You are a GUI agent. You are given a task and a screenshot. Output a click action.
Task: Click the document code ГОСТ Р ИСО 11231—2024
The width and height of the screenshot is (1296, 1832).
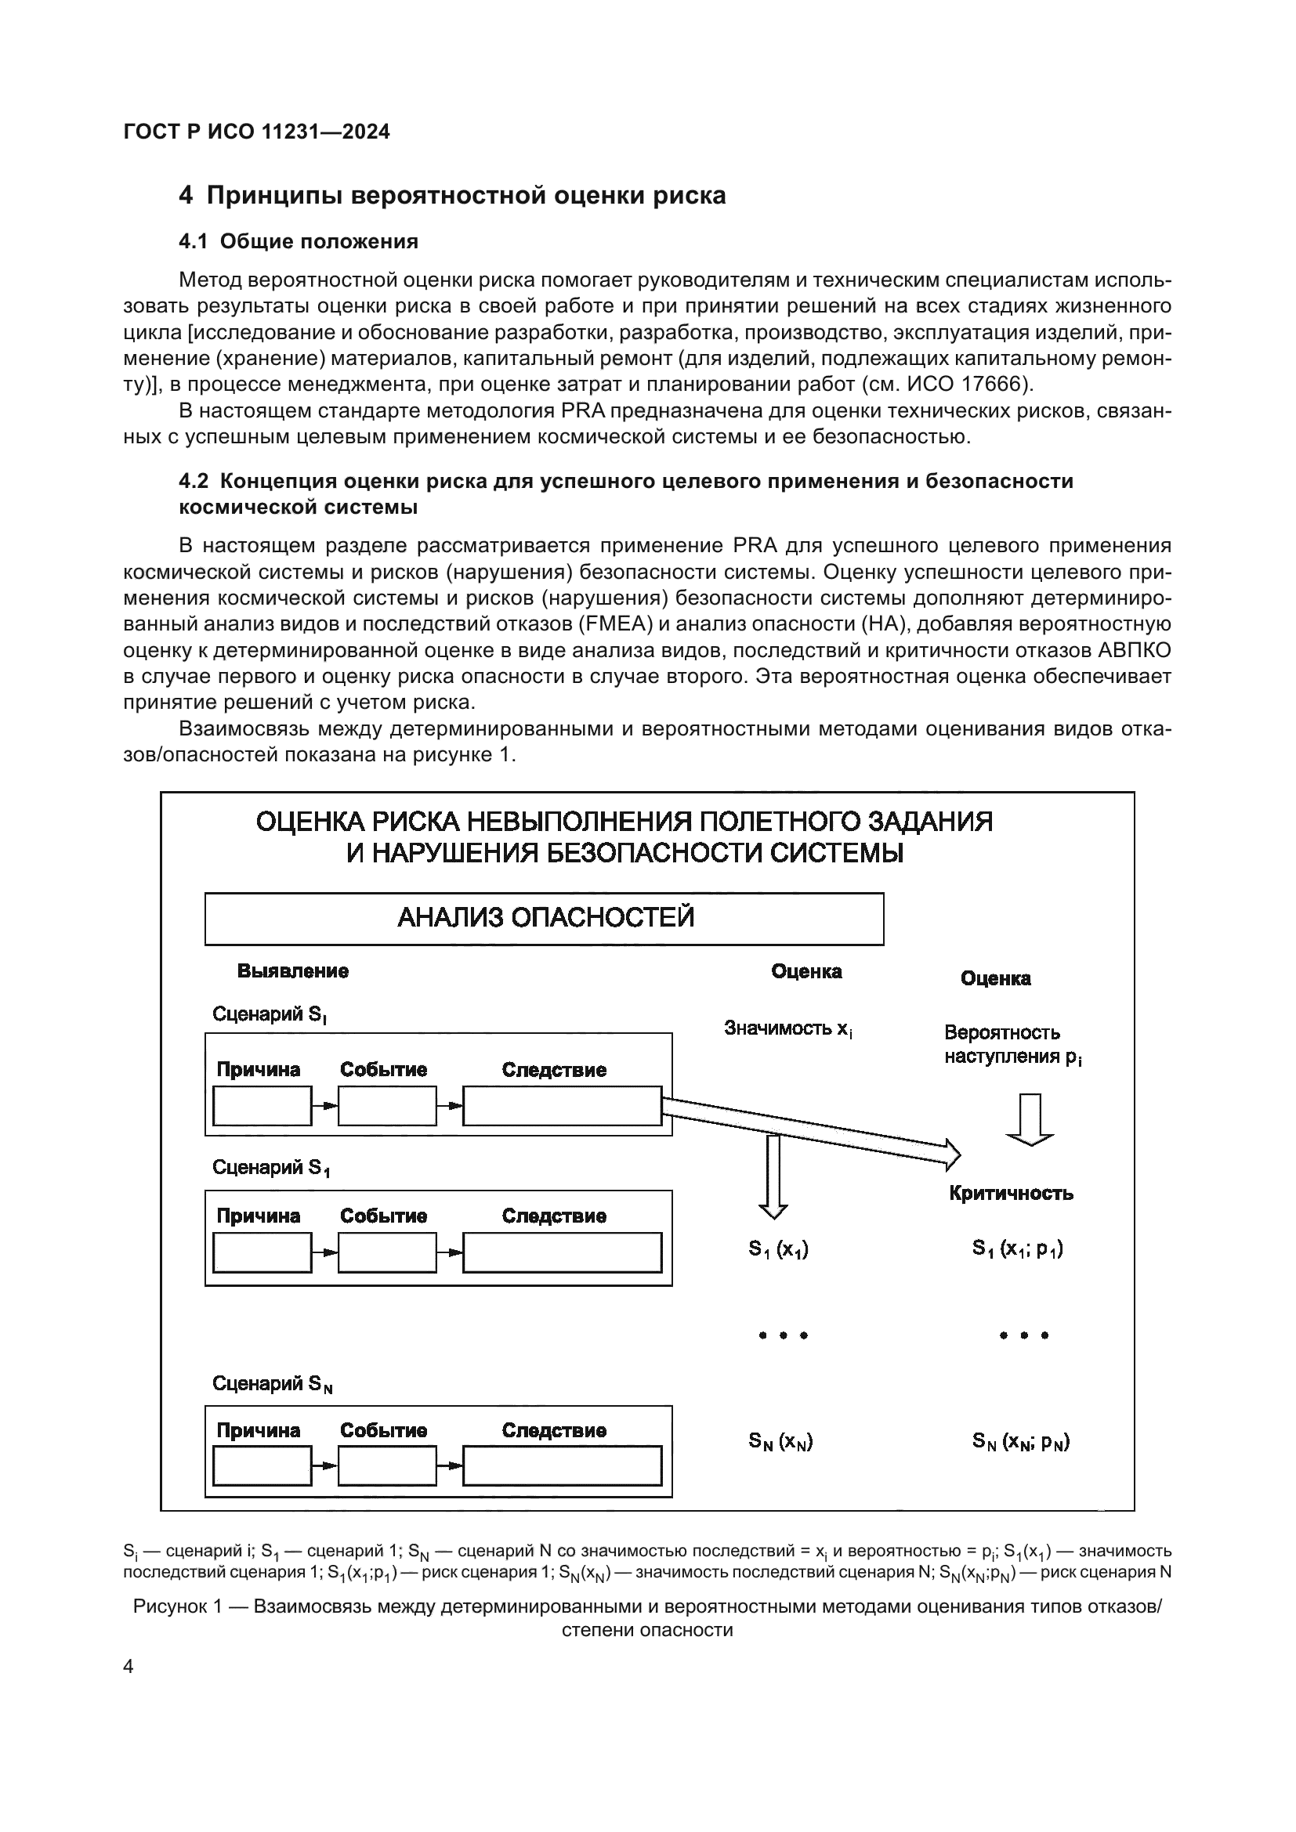click(257, 132)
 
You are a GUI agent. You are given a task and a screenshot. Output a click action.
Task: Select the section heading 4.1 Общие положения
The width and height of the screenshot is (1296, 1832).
click(299, 241)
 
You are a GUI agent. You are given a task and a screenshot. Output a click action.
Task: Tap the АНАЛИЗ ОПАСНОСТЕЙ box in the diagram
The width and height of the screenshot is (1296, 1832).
click(545, 919)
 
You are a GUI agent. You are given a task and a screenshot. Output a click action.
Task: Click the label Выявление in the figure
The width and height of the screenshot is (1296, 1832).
click(293, 971)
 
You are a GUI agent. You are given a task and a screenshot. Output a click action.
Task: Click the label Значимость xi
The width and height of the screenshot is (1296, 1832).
click(787, 1029)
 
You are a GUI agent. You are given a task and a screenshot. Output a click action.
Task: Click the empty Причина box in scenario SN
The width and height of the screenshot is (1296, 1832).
click(262, 1466)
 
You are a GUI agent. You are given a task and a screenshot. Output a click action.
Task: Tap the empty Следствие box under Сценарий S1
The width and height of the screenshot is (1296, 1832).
click(562, 1252)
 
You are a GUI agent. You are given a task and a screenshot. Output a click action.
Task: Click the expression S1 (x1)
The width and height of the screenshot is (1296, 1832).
click(778, 1249)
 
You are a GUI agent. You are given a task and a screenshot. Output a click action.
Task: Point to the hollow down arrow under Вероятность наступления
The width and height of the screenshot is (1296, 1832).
click(1030, 1119)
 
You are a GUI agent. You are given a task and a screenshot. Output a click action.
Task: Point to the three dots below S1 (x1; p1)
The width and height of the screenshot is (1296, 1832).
click(1024, 1335)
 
